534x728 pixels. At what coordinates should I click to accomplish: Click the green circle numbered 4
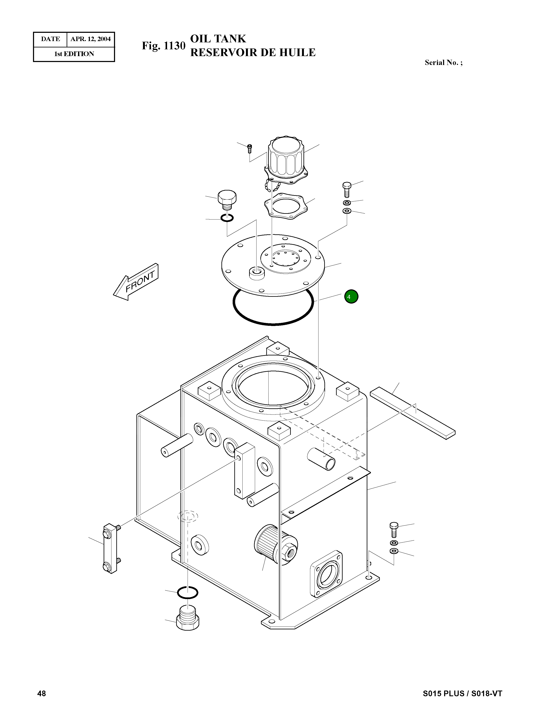(x=351, y=296)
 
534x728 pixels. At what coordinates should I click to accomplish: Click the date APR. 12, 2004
(x=91, y=39)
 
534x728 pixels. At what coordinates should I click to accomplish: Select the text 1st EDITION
(x=74, y=54)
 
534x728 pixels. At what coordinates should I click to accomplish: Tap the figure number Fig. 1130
(x=163, y=46)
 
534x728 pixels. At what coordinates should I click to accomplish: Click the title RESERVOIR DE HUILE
(x=253, y=52)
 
